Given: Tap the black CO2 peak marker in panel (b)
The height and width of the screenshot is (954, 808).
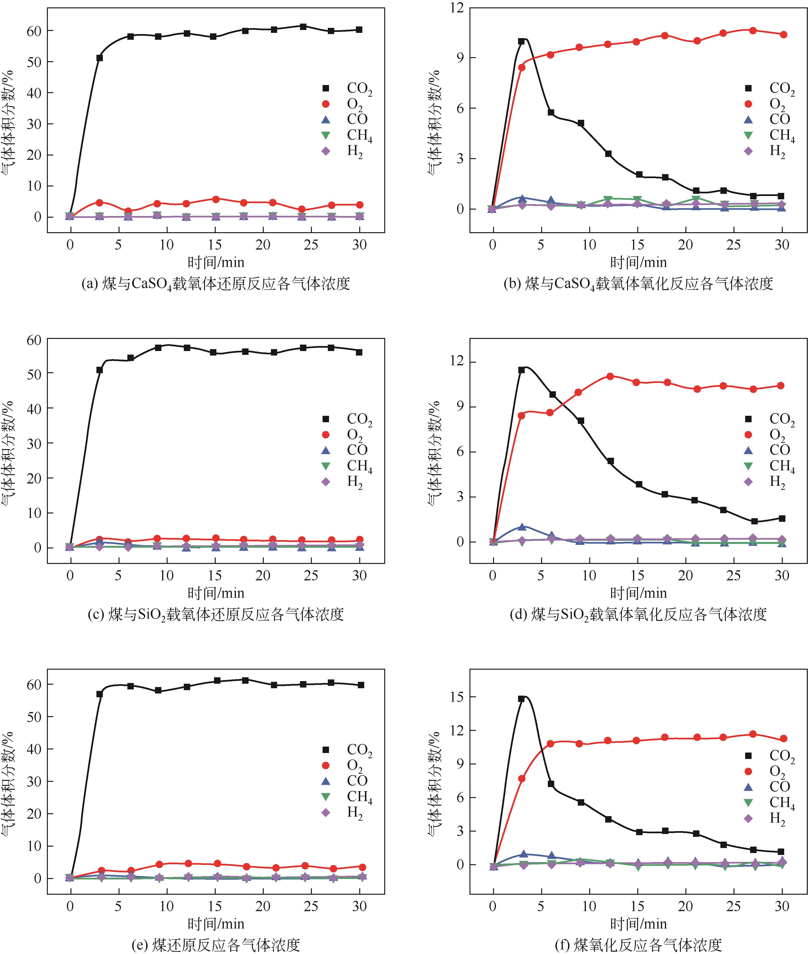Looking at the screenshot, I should click(521, 41).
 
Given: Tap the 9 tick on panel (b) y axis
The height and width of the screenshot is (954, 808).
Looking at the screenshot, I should click(458, 58).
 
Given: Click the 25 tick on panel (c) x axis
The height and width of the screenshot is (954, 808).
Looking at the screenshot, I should click(311, 576).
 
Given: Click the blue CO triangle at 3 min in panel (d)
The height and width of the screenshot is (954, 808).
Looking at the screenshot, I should click(522, 527).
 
